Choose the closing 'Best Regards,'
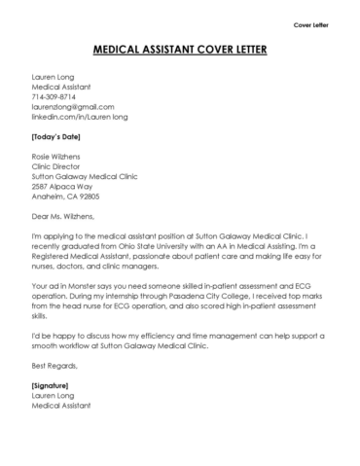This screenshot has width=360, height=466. [54, 365]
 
